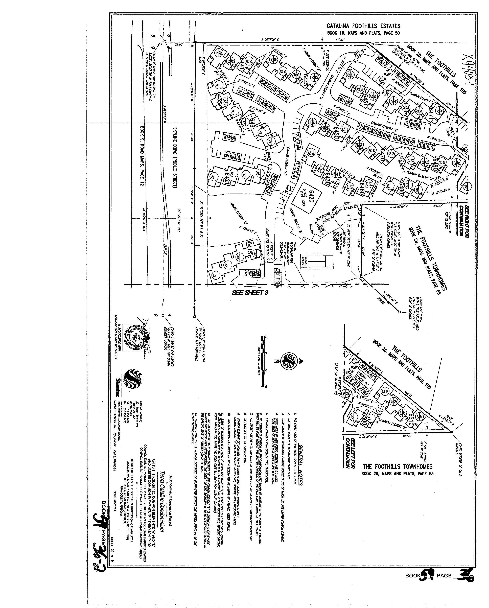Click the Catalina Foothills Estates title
tap(363, 26)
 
